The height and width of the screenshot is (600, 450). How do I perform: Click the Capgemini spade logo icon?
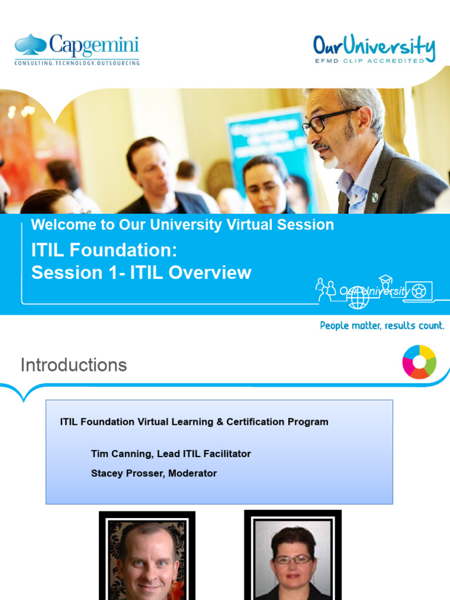(x=30, y=45)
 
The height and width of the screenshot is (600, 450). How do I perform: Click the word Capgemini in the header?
(x=94, y=45)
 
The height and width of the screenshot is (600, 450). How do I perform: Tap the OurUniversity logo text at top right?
(x=373, y=46)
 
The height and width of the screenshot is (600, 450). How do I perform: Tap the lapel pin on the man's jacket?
(x=374, y=197)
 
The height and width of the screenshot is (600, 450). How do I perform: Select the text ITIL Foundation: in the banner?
(x=104, y=250)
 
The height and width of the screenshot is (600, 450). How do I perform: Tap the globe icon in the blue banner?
(x=358, y=297)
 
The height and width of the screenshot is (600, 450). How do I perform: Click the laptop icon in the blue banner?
(x=418, y=291)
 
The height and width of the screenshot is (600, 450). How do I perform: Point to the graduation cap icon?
(x=385, y=279)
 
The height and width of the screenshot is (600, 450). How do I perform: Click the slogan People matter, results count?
(x=382, y=325)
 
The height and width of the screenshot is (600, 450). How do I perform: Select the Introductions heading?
(x=73, y=365)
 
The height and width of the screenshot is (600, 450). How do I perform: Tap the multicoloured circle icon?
(x=419, y=362)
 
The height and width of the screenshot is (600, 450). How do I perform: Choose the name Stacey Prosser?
(x=127, y=473)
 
